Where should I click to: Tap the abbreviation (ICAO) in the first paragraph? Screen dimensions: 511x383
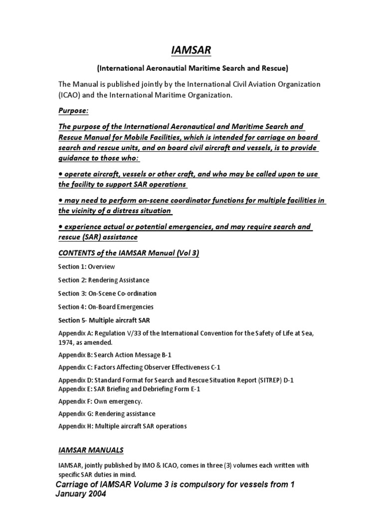click(x=70, y=95)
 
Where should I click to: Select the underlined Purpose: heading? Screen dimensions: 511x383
click(x=73, y=110)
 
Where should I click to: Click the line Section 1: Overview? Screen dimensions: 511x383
click(x=86, y=267)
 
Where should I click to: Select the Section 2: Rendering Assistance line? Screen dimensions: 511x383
click(x=103, y=280)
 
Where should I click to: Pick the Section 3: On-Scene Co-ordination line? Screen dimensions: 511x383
click(x=107, y=293)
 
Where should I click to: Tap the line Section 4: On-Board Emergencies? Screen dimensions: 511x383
click(x=106, y=307)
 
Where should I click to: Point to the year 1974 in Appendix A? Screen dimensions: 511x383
click(x=66, y=343)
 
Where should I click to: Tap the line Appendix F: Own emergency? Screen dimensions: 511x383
click(x=100, y=401)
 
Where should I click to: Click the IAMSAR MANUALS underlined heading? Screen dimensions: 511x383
click(x=91, y=450)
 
